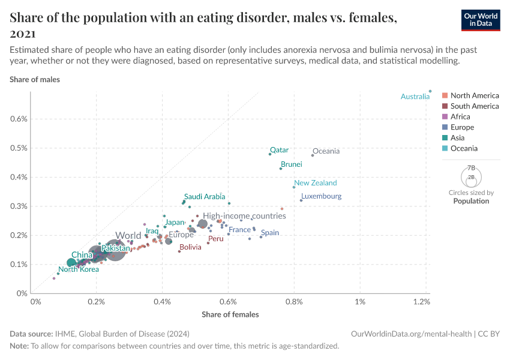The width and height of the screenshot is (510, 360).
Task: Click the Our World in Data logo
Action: [x=480, y=20]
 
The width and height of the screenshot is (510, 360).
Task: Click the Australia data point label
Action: [x=415, y=97]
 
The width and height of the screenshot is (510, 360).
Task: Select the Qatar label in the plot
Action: [x=279, y=150]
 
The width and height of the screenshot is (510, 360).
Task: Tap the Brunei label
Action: [x=291, y=164]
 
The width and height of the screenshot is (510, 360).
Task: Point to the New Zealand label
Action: [x=315, y=183]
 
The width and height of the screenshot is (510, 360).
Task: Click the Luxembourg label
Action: [x=321, y=196]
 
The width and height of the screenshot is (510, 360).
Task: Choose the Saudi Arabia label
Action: [x=205, y=196]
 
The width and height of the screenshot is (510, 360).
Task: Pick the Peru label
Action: [x=215, y=239]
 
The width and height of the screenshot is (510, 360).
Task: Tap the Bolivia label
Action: [x=190, y=247]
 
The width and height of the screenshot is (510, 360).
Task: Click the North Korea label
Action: [x=79, y=269]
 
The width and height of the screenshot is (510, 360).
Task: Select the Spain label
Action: [x=270, y=233]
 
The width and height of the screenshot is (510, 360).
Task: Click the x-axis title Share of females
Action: [x=230, y=314]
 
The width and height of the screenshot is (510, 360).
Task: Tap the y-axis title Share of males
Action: [x=35, y=79]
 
